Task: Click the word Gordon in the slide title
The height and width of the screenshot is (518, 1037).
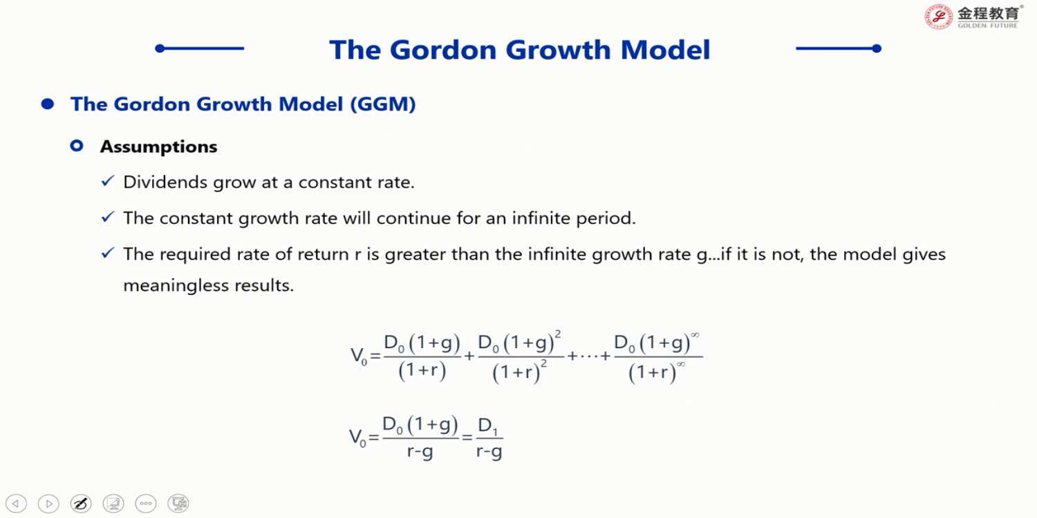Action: pos(442,50)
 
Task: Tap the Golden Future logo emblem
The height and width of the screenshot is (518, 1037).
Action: pos(938,17)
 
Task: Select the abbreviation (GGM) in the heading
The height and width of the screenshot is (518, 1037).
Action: pos(383,104)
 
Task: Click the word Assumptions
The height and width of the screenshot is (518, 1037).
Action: pos(158,147)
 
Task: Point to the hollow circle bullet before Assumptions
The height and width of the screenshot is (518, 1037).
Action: pos(76,146)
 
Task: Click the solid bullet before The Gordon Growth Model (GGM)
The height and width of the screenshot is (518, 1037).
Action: pos(47,104)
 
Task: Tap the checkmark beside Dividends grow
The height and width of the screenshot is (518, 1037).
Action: pos(107,181)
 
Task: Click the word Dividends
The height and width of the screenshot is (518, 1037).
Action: pos(165,182)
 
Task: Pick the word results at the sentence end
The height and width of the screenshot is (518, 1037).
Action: pos(264,285)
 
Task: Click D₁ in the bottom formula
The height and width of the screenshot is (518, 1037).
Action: pos(488,426)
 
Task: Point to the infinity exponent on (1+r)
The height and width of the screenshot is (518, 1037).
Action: pos(681,365)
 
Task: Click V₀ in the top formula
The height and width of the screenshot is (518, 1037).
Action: pos(359,356)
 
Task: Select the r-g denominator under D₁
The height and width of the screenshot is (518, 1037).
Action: pos(489,452)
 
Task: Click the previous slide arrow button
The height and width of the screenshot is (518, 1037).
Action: pos(16,503)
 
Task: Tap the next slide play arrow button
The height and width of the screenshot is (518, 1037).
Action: pos(48,503)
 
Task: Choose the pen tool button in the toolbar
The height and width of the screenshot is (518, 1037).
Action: pos(81,503)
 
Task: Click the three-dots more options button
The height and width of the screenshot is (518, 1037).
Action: pos(146,503)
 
